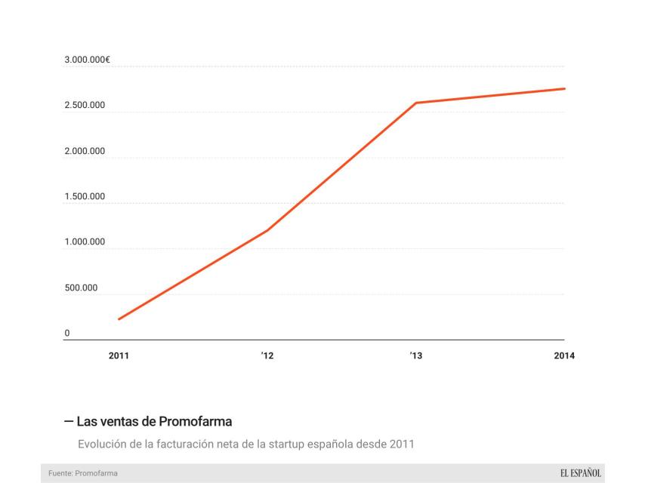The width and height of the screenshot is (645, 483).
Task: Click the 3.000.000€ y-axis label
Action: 88,60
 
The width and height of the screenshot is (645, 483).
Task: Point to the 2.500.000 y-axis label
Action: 85,106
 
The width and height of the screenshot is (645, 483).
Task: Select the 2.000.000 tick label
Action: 85,152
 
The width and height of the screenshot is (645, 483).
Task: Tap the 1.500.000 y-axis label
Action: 85,197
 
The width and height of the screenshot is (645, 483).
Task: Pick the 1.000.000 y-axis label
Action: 85,242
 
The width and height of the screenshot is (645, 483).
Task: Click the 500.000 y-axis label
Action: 80,288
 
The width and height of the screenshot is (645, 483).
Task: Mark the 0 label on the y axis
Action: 67,333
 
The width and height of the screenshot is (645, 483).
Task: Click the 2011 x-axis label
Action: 119,355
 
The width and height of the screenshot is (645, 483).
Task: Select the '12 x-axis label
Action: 267,355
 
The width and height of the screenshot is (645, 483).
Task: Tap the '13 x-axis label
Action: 415,355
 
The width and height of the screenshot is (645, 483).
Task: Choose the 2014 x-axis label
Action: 563,355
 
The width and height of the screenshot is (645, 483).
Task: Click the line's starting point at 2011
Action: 119,319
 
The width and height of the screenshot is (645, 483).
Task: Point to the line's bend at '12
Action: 267,230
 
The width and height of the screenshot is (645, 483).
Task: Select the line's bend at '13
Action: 415,103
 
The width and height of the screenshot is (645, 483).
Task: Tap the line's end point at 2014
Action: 564,89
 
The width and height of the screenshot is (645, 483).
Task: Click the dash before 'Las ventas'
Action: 69,420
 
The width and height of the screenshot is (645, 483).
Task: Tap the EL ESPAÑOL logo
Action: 581,473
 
